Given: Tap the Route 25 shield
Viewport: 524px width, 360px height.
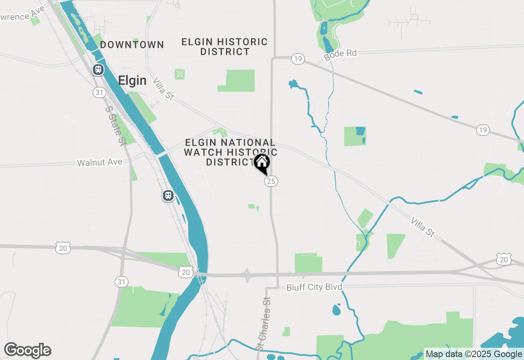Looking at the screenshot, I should (x=271, y=181).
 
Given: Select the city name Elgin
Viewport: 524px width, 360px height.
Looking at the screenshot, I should (x=132, y=80).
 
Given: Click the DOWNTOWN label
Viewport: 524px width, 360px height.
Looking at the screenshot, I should (x=132, y=45).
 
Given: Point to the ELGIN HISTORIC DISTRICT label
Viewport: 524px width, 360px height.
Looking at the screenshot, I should (x=224, y=47).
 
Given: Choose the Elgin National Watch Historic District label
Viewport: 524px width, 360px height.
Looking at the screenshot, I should (x=230, y=152).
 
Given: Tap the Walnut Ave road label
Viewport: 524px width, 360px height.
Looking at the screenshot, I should (x=100, y=162).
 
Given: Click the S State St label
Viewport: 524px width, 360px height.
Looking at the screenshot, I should (x=115, y=126).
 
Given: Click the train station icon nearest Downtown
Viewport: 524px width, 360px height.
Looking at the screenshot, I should (x=98, y=69).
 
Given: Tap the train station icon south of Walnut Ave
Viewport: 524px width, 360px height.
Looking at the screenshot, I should (x=168, y=196).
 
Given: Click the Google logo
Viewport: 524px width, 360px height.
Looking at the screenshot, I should (x=27, y=350).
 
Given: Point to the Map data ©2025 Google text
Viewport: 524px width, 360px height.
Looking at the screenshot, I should (x=474, y=354).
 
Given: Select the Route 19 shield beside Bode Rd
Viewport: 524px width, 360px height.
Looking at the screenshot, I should (x=298, y=59).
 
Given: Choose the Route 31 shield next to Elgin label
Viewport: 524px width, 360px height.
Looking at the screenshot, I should (x=99, y=92).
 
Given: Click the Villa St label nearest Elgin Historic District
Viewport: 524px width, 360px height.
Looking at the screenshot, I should (x=163, y=89).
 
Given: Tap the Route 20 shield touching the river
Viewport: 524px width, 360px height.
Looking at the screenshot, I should (x=186, y=272).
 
